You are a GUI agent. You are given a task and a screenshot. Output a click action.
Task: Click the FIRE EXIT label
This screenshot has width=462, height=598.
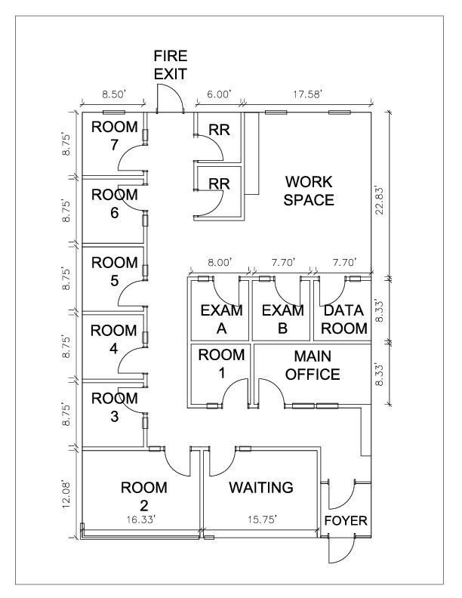[170, 64]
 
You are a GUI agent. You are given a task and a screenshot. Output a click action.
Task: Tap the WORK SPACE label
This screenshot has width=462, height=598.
[309, 190]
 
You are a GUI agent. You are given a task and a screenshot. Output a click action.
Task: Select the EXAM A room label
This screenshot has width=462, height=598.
[222, 319]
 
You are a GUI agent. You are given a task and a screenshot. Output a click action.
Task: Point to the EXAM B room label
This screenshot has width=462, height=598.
[282, 319]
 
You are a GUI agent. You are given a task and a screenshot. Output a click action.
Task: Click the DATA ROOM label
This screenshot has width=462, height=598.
[344, 319]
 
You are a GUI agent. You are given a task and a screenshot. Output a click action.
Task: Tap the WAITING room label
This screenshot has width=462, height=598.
[261, 488]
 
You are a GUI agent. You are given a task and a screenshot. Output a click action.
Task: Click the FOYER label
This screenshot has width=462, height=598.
[345, 522]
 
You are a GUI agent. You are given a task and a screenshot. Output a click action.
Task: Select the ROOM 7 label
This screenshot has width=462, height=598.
[115, 135]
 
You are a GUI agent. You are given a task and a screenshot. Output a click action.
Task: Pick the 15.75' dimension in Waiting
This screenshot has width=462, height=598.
[260, 519]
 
